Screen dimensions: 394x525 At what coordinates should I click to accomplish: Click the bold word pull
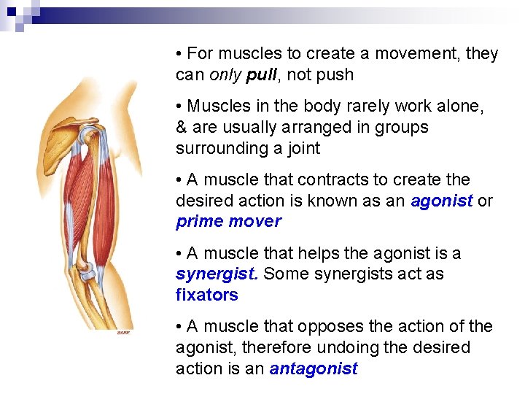pyautogui.click(x=260, y=75)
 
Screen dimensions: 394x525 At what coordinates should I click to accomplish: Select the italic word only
pyautogui.click(x=225, y=75)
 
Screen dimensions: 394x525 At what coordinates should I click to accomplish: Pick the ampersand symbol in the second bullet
pyautogui.click(x=182, y=128)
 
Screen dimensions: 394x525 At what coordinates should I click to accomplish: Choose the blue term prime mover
pyautogui.click(x=228, y=222)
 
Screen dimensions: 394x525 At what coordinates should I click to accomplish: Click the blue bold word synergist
pyautogui.click(x=217, y=274)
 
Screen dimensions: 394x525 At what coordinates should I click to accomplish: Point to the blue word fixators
pyautogui.click(x=207, y=295)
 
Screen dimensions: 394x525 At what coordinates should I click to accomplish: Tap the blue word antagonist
pyautogui.click(x=314, y=369)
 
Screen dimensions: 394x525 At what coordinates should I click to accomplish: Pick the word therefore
pyautogui.click(x=273, y=348)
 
